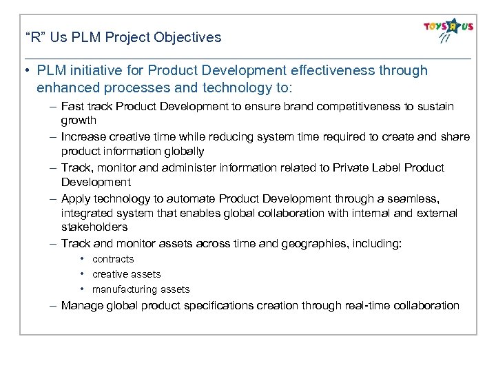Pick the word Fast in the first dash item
click(72, 107)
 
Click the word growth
click(79, 121)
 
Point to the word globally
click(181, 151)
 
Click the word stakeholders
click(94, 227)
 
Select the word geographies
click(308, 243)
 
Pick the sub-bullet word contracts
click(113, 259)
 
